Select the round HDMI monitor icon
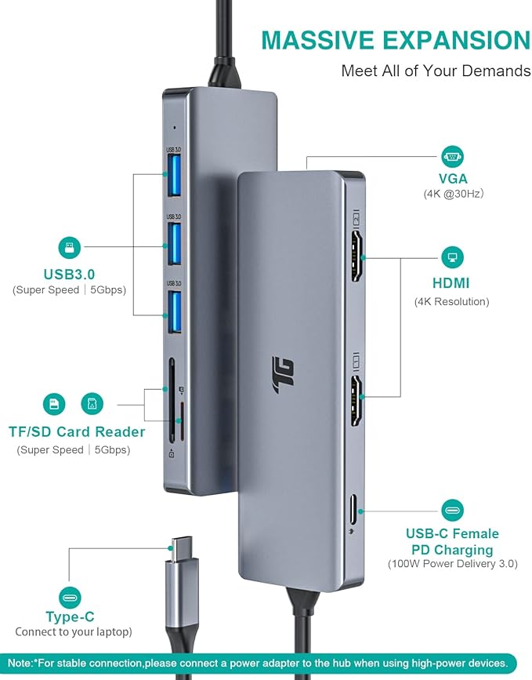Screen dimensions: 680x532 pos(452,256)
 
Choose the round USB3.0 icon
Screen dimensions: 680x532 pos(70,249)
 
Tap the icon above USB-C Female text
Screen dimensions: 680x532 pos(452,511)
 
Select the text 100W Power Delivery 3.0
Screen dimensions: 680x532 pos(452,564)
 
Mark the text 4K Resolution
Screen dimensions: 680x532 pos(452,301)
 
